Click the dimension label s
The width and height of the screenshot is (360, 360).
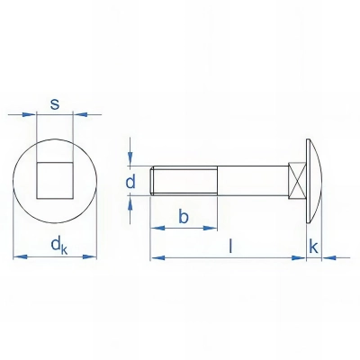pyautogui.click(x=55, y=104)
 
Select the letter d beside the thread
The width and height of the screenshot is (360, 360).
pyautogui.click(x=131, y=184)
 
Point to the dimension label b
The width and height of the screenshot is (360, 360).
pyautogui.click(x=183, y=216)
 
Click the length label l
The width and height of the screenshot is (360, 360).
pyautogui.click(x=231, y=245)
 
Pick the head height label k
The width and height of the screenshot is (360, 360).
pyautogui.click(x=314, y=245)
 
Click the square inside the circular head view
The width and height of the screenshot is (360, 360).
pyautogui.click(x=55, y=175)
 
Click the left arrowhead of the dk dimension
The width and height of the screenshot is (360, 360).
pyautogui.click(x=19, y=257)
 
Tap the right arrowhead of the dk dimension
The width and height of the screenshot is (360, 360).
pyautogui.click(x=92, y=257)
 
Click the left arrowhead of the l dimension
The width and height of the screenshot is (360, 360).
pyautogui.click(x=155, y=257)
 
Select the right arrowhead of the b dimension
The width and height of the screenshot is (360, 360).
pyautogui.click(x=212, y=229)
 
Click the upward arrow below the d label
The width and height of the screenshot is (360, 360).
pyautogui.click(x=132, y=204)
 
